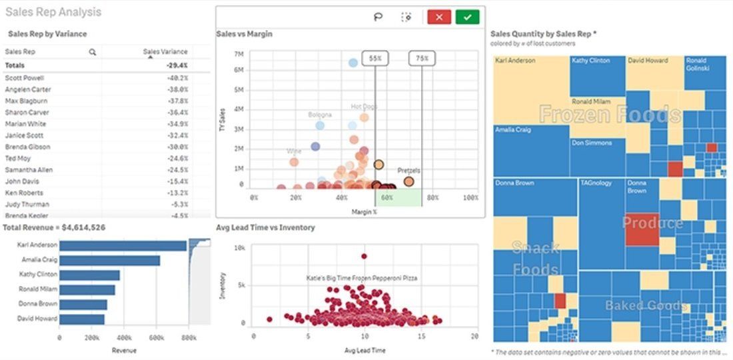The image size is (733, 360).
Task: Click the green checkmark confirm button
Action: pos(467,17)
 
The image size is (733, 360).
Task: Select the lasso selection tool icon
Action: pos(378,17)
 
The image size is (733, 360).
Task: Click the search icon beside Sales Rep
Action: pos(93,51)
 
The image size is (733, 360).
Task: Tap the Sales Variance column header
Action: pos(165,51)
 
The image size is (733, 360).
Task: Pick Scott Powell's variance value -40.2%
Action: pos(177,77)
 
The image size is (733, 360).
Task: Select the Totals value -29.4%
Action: pos(177,65)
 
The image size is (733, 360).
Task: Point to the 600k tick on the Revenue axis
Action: pos(156,339)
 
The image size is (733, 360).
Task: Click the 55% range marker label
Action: pos(375,59)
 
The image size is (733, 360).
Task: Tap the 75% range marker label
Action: pos(422,59)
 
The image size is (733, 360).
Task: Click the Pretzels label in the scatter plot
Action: pos(408,171)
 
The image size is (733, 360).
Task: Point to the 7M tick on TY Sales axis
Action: pos(239,54)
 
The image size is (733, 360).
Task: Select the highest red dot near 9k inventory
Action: pos(364,256)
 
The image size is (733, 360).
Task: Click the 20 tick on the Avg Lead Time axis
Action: pos(474,336)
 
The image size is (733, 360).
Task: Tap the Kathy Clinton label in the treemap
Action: pos(590,61)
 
